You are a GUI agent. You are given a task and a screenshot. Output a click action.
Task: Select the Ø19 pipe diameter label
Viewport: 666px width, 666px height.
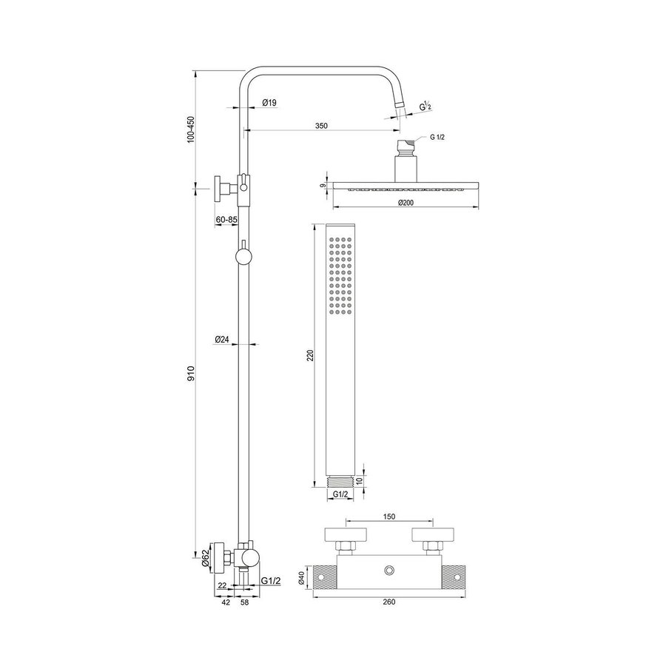click(269, 104)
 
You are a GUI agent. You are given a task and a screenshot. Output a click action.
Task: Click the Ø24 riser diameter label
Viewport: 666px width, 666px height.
click(221, 339)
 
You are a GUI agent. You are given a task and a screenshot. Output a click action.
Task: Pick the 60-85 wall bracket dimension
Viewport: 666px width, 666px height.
click(226, 220)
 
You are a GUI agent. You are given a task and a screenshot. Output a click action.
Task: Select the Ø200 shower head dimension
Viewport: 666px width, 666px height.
click(405, 202)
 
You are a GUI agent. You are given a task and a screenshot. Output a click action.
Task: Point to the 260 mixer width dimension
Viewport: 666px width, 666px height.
click(390, 602)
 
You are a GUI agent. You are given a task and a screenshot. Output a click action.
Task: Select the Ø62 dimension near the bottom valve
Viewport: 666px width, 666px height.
click(205, 556)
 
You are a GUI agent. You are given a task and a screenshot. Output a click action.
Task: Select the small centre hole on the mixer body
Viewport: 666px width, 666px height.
click(389, 571)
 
